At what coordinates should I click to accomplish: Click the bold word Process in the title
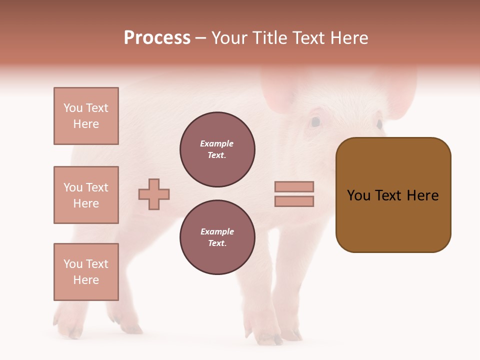157,38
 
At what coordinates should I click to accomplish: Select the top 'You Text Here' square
86,116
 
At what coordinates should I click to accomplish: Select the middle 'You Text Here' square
86,195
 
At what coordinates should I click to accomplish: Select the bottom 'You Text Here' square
86,272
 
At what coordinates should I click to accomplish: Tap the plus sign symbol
154,194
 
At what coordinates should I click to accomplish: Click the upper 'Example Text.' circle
217,149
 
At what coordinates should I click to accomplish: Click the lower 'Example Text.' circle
217,237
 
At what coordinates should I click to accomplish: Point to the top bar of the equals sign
294,186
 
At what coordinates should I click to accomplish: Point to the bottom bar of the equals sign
294,201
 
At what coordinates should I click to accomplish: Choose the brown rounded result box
393,195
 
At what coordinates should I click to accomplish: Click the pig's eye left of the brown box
315,121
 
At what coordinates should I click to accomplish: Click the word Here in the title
349,38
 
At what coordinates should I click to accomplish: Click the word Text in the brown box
392,195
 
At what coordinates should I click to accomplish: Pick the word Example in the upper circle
217,144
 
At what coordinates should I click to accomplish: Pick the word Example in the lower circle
217,232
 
